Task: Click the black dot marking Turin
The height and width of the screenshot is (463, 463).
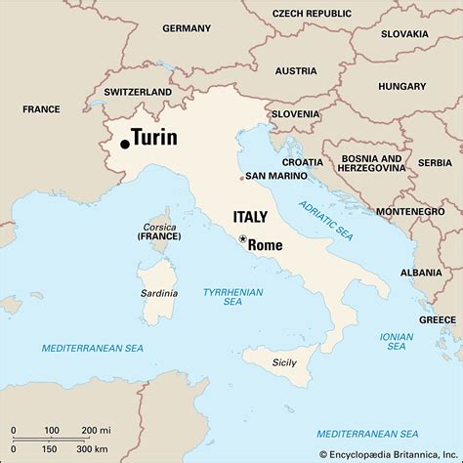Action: coord(125,145)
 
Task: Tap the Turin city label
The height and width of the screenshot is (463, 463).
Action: coord(154,138)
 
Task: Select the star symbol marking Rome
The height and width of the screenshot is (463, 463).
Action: coord(242,238)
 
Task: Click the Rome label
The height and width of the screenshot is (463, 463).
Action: coord(265,245)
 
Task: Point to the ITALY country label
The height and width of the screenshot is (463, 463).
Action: coord(251,216)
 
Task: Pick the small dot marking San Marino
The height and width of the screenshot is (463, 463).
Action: coord(242,178)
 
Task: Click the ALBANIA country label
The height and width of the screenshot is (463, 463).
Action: coord(421,272)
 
